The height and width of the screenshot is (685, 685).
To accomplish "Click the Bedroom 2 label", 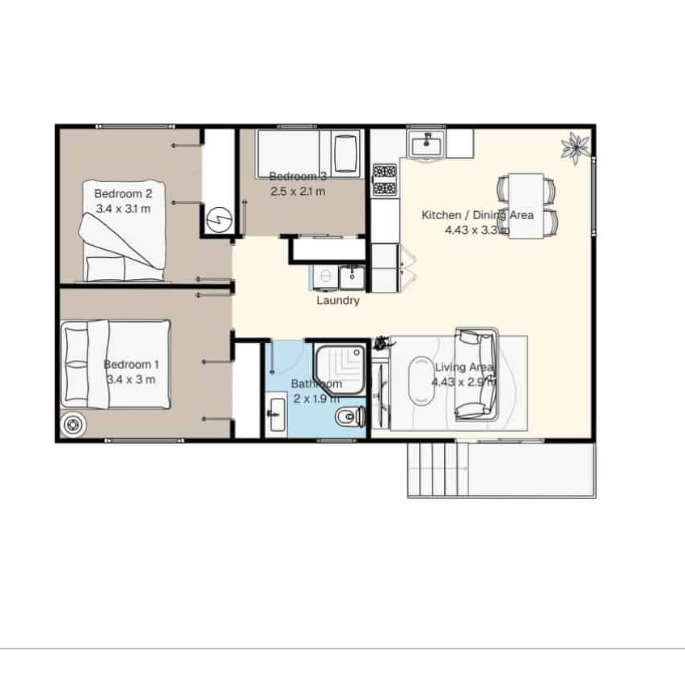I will (123, 193).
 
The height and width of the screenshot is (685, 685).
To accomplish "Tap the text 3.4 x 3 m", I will (130, 378).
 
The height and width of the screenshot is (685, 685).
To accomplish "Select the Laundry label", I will (337, 300).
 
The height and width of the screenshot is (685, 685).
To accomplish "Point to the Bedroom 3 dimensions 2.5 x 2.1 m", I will (298, 192).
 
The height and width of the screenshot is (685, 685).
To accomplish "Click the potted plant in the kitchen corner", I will (576, 146).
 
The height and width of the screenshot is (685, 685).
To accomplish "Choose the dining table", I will (526, 206).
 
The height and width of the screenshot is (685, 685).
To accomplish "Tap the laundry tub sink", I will (352, 277).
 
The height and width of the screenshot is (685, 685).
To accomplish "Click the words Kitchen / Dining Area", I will (477, 215).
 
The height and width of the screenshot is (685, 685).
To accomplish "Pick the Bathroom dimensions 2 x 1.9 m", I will (315, 398).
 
